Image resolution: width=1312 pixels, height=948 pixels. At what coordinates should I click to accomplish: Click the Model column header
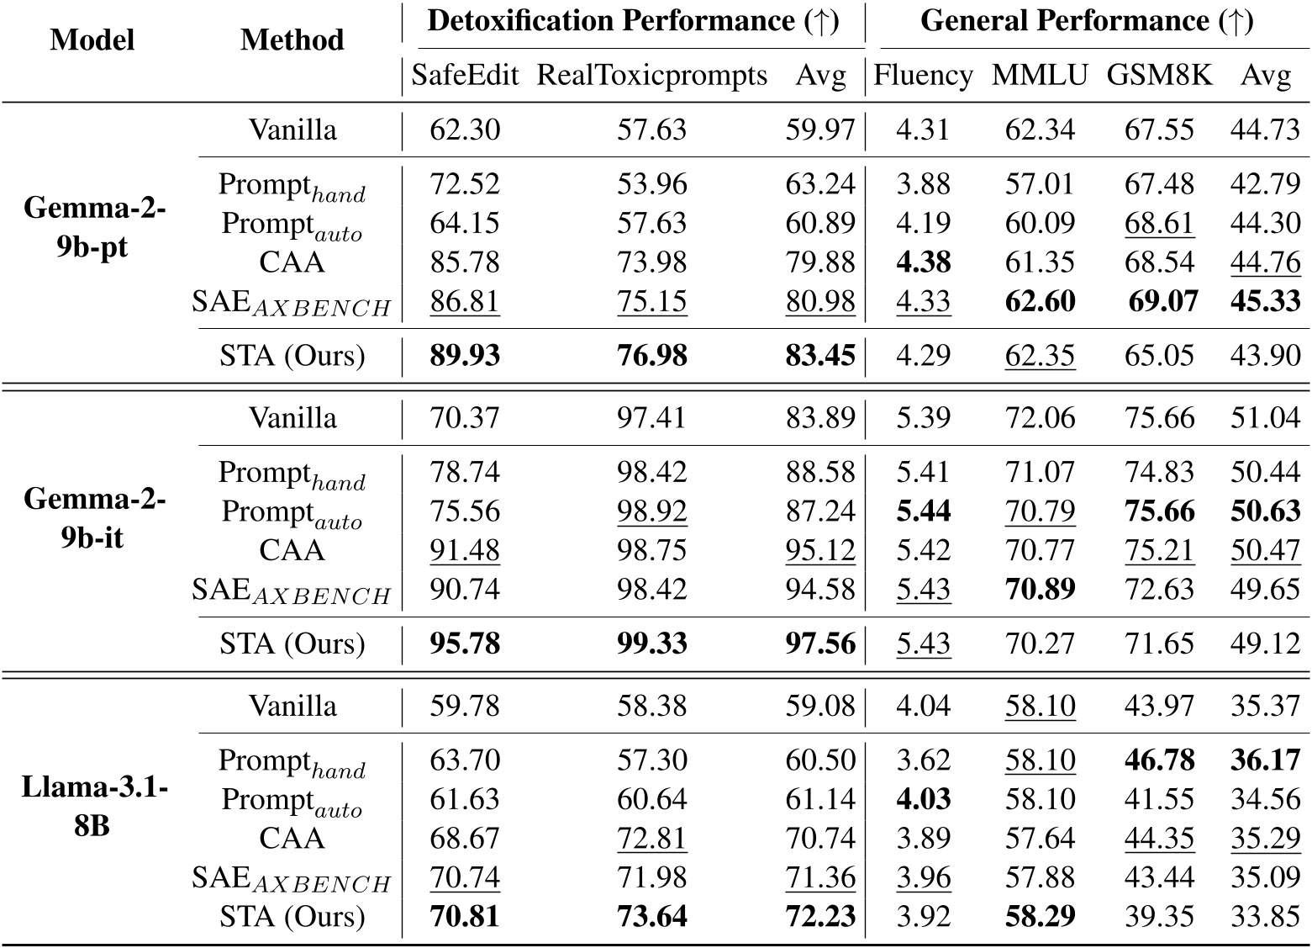point(92,40)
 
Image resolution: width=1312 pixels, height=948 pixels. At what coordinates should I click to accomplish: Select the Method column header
point(292,40)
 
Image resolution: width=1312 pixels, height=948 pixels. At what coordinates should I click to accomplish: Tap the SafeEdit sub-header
point(464,76)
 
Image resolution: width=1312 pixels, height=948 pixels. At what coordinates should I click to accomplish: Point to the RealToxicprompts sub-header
point(651,76)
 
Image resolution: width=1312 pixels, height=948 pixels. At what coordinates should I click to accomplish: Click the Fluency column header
point(923,76)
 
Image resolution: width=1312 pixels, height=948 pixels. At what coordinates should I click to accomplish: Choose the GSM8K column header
point(1159,76)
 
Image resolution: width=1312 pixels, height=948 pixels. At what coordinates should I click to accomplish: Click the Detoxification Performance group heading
point(633,21)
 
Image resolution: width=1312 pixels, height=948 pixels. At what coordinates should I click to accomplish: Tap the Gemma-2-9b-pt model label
point(93,228)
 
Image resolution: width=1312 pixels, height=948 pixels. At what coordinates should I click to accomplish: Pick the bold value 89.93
point(464,356)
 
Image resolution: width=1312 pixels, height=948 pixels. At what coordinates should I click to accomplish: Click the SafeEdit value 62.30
point(464,130)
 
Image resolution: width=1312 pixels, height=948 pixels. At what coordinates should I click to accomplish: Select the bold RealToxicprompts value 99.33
point(651,644)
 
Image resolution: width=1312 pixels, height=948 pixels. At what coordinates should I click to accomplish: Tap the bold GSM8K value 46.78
point(1159,760)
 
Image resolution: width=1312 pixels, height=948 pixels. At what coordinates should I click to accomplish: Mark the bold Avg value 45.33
point(1265,301)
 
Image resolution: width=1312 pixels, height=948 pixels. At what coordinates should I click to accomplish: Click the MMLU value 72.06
point(1040,418)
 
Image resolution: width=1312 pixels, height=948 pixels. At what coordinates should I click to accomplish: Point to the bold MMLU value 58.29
point(1040,916)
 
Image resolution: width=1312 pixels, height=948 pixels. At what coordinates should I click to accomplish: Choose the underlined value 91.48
point(464,550)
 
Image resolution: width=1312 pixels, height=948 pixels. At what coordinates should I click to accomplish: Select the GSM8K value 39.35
point(1159,916)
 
